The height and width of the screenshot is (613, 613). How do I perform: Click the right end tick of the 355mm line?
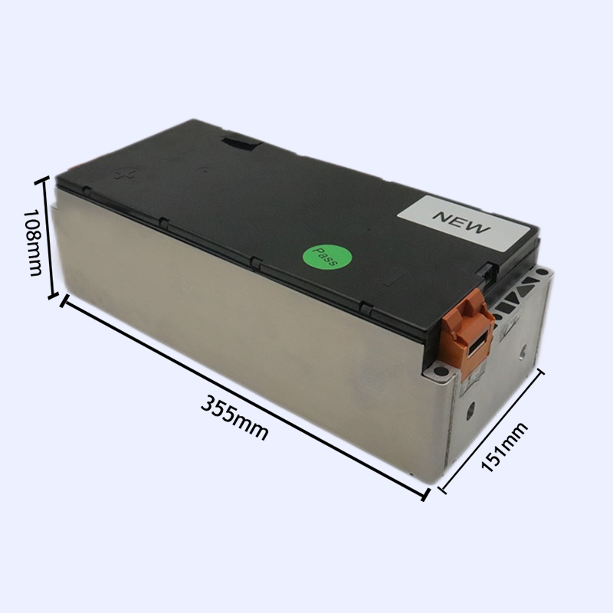(425, 494)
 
